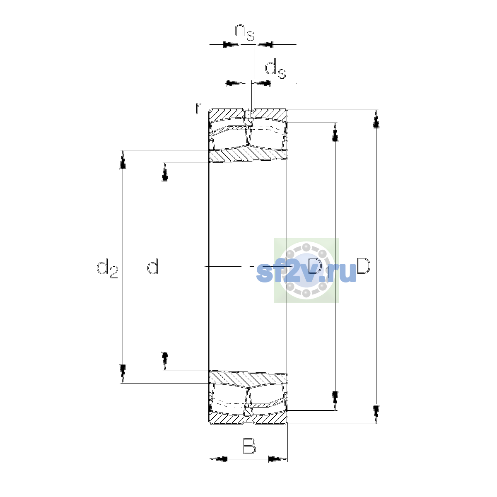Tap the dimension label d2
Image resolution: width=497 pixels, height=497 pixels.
click(107, 268)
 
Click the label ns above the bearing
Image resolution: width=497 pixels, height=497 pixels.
click(244, 32)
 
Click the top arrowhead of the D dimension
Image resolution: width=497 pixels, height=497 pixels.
click(376, 118)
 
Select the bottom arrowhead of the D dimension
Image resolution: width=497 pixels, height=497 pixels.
click(376, 415)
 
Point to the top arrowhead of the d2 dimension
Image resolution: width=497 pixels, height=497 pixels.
click(123, 159)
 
